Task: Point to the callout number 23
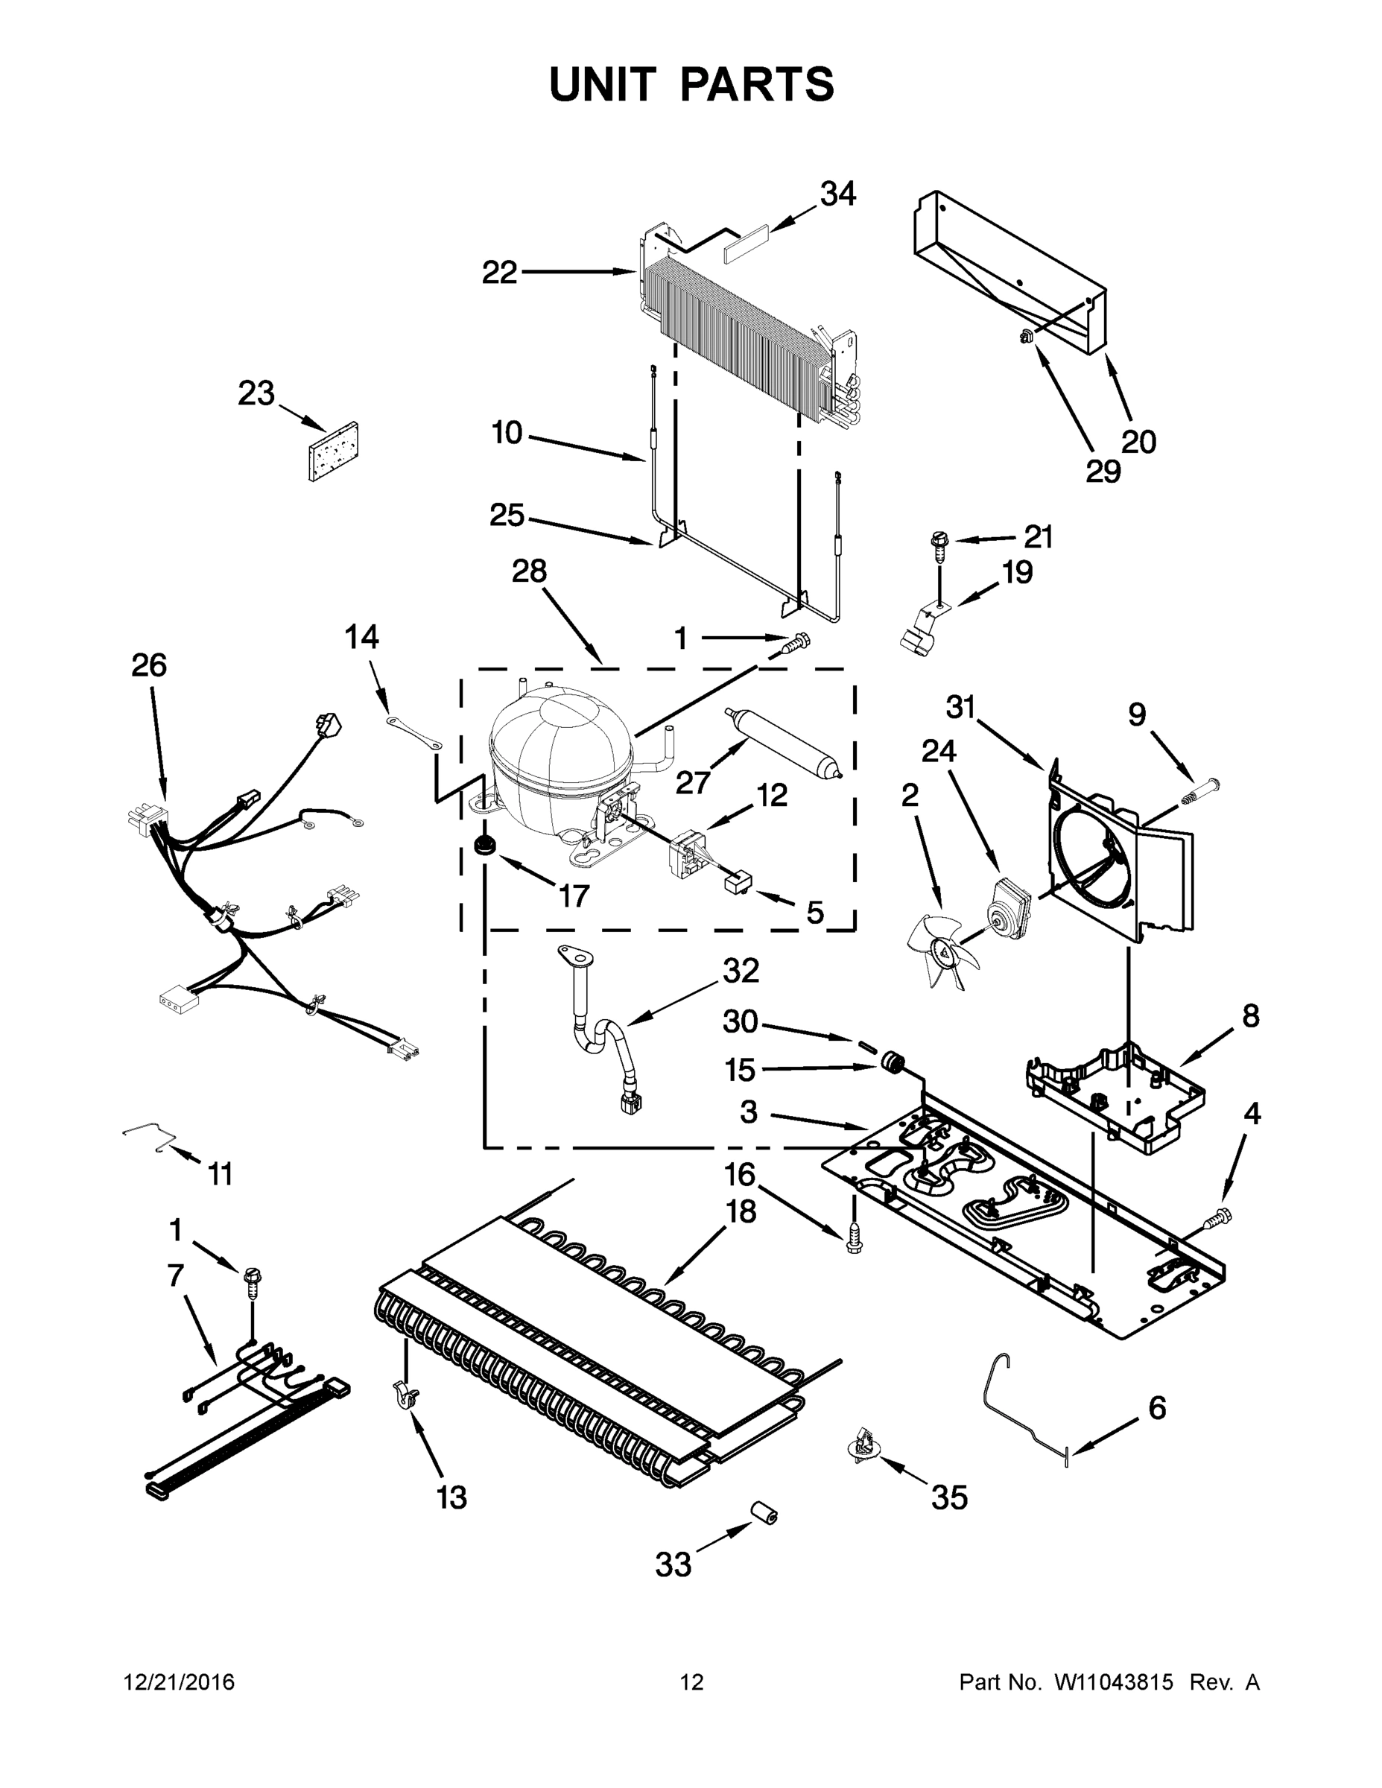256,394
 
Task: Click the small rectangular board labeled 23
334,451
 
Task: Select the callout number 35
949,1497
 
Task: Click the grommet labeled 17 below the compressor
486,846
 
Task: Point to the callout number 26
149,665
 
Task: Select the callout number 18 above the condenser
742,1211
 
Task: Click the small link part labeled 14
414,731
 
